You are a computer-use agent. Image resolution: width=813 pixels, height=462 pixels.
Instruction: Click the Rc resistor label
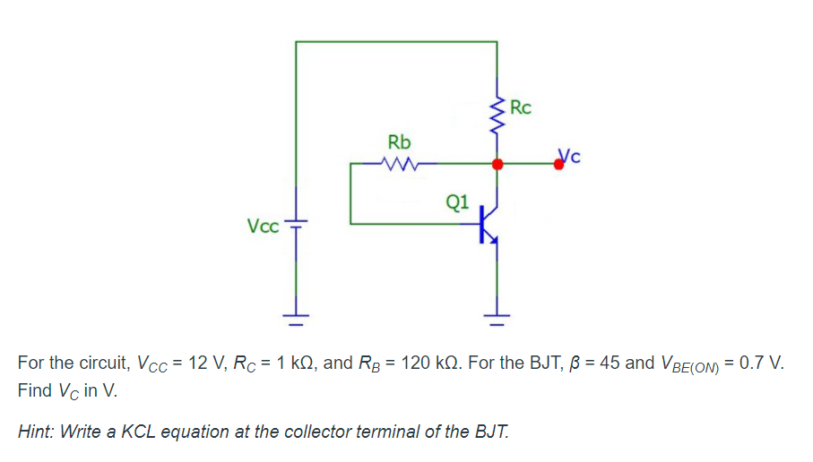coord(520,108)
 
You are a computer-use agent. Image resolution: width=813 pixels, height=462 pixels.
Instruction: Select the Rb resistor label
coord(399,142)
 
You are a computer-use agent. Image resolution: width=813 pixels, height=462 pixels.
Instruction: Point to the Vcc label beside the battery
coord(263,225)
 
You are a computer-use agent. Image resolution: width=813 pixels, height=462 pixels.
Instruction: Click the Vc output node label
coord(570,156)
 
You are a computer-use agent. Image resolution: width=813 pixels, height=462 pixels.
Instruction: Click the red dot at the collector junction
coord(497,165)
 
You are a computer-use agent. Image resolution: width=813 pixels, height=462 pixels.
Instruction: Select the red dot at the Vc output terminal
coord(559,166)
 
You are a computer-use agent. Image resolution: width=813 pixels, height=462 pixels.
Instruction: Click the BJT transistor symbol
coord(489,225)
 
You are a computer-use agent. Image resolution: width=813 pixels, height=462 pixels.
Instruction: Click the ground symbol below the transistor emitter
coord(497,314)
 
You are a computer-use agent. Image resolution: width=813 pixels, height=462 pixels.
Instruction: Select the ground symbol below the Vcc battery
coord(296,314)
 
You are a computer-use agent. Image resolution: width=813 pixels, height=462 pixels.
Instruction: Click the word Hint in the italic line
coord(36,432)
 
